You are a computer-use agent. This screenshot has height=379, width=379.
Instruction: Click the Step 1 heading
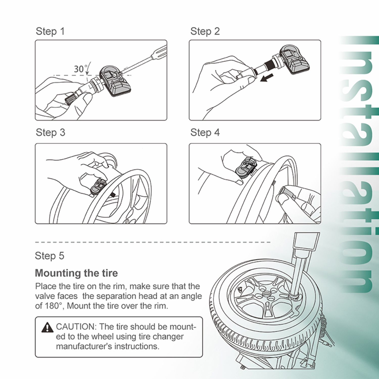(x=50, y=32)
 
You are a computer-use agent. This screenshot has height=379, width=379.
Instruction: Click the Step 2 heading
(x=205, y=32)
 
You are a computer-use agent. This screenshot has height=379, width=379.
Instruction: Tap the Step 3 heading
(x=51, y=133)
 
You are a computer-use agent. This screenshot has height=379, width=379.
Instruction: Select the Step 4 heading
(x=205, y=133)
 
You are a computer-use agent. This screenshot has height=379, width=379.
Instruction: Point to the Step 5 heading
(x=50, y=256)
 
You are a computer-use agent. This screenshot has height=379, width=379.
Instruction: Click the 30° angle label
(x=80, y=69)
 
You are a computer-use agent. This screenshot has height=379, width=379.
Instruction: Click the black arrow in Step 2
(x=267, y=78)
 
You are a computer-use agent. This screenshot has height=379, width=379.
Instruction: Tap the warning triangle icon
(x=47, y=327)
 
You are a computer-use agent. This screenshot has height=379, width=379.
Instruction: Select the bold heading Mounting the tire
(x=76, y=273)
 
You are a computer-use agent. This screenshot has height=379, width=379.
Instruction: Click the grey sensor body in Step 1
(x=115, y=81)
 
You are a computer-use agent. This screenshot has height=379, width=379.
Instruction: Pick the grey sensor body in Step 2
(x=295, y=59)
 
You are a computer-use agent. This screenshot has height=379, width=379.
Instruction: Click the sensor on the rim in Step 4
(x=246, y=167)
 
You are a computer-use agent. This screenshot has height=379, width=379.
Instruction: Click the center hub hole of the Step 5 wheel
(x=267, y=294)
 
